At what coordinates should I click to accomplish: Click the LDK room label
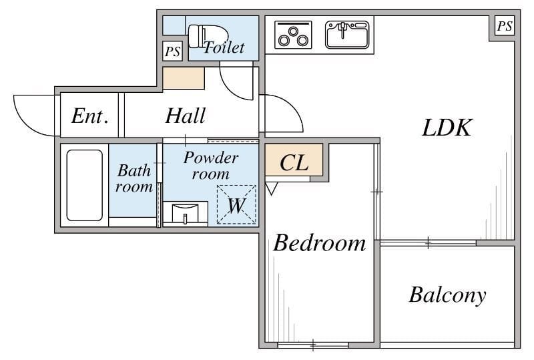pyautogui.click(x=447, y=128)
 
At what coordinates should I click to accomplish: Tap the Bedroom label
pyautogui.click(x=320, y=242)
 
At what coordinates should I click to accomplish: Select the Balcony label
pyautogui.click(x=447, y=295)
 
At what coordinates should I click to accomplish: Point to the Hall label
pyautogui.click(x=186, y=116)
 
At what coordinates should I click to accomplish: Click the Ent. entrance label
pyautogui.click(x=90, y=116)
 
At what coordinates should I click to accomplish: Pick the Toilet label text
pyautogui.click(x=224, y=47)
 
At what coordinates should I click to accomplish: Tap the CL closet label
pyautogui.click(x=294, y=162)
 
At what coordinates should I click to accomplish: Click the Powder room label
pyautogui.click(x=211, y=166)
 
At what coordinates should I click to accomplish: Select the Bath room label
pyautogui.click(x=134, y=178)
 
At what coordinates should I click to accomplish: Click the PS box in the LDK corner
pyautogui.click(x=505, y=26)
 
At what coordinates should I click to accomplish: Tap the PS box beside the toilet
pyautogui.click(x=173, y=51)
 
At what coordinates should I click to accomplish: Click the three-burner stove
pyautogui.click(x=293, y=35)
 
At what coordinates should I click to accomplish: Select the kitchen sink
pyautogui.click(x=347, y=35)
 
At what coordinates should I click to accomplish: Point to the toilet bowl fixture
pyautogui.click(x=208, y=36)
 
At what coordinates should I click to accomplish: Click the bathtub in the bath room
pyautogui.click(x=85, y=185)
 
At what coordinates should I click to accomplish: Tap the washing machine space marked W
pyautogui.click(x=236, y=204)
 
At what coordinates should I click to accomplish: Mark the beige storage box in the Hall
pyautogui.click(x=184, y=78)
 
